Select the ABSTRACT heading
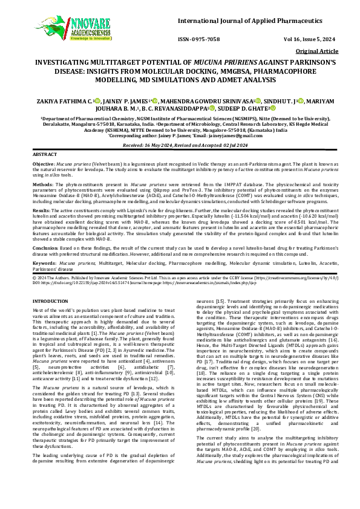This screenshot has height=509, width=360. (x=44, y=155)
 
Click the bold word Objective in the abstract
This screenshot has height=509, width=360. (x=43, y=164)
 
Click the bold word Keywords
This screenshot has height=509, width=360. (x=44, y=264)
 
